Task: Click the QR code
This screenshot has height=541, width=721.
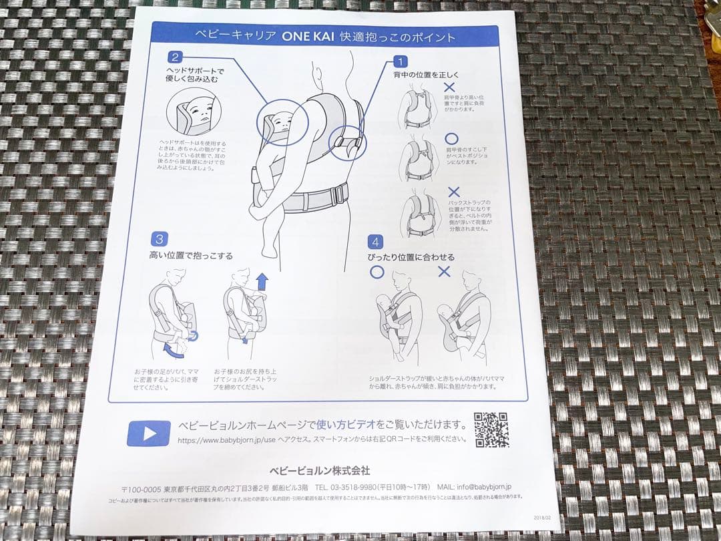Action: point(491,429)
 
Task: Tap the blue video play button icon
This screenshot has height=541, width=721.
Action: point(149,433)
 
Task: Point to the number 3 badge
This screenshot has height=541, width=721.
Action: point(159,239)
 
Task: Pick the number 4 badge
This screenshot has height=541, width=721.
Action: point(376,242)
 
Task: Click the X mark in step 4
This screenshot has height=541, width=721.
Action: point(444,271)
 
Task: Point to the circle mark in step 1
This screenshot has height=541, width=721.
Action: point(452,139)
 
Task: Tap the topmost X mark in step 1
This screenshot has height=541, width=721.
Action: point(449,87)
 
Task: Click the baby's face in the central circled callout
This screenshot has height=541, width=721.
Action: point(279,125)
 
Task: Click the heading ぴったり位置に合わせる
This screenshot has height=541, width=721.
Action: point(411,257)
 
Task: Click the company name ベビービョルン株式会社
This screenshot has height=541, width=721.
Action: point(319,470)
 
